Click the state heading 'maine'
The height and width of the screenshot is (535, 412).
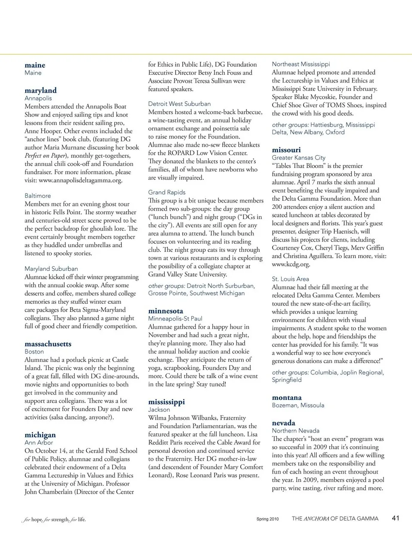pyautogui.click(x=35, y=65)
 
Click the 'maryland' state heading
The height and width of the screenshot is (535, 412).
pyautogui.click(x=40, y=91)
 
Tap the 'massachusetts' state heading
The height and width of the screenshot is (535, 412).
pyautogui.click(x=48, y=344)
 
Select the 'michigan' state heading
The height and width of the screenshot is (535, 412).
pyautogui.click(x=40, y=435)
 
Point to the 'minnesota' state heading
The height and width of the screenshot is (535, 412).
pyautogui.click(x=166, y=311)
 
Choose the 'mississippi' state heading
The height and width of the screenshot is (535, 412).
pyautogui.click(x=167, y=402)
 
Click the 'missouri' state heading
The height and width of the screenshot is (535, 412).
pyautogui.click(x=286, y=150)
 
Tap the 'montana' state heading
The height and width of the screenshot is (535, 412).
pyautogui.click(x=287, y=398)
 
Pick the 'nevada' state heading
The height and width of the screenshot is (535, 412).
pyautogui.click(x=284, y=423)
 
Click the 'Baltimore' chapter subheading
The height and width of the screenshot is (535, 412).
pyautogui.click(x=38, y=196)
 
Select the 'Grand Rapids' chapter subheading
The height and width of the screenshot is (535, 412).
pyautogui.click(x=167, y=192)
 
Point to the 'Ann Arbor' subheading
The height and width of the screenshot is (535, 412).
pyautogui.click(x=39, y=442)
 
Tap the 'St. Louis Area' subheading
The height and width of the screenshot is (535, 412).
pyautogui.click(x=290, y=279)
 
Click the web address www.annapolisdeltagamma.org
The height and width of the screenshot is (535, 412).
pyautogui.click(x=80, y=180)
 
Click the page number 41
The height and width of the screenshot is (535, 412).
pyautogui.click(x=396, y=518)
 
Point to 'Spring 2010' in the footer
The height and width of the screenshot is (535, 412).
pyautogui.click(x=267, y=519)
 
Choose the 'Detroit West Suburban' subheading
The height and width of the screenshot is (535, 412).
pyautogui.click(x=179, y=104)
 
